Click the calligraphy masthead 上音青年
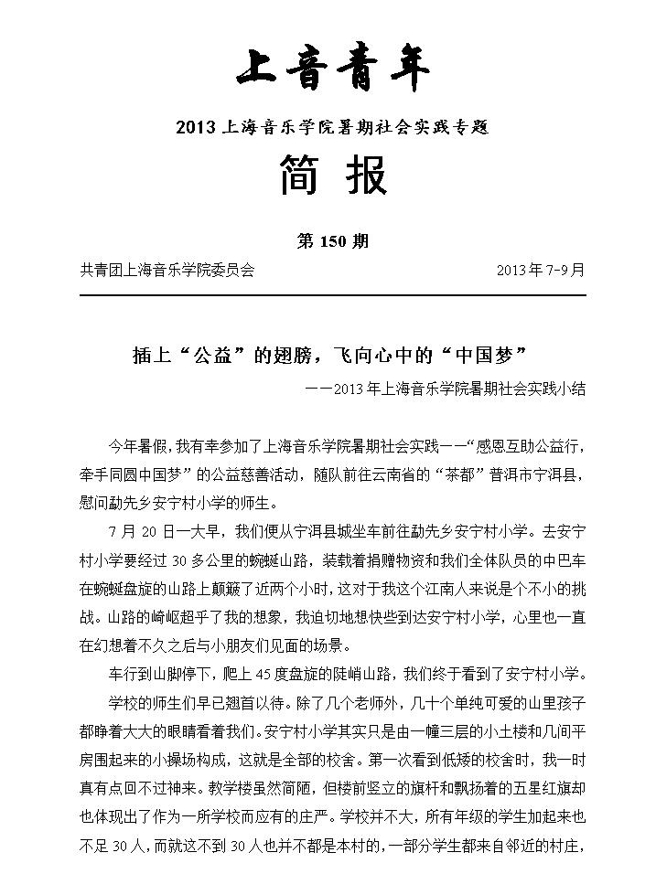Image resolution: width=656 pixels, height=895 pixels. point(332,69)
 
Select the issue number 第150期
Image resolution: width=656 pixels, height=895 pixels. point(333,241)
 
